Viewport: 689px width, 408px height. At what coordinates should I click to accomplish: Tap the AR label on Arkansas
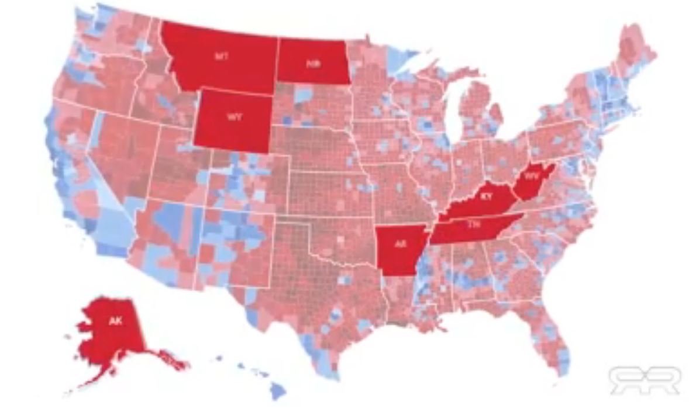click(400, 244)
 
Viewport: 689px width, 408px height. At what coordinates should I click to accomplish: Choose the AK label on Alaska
click(115, 321)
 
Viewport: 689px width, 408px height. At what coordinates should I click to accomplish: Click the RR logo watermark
click(644, 380)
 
